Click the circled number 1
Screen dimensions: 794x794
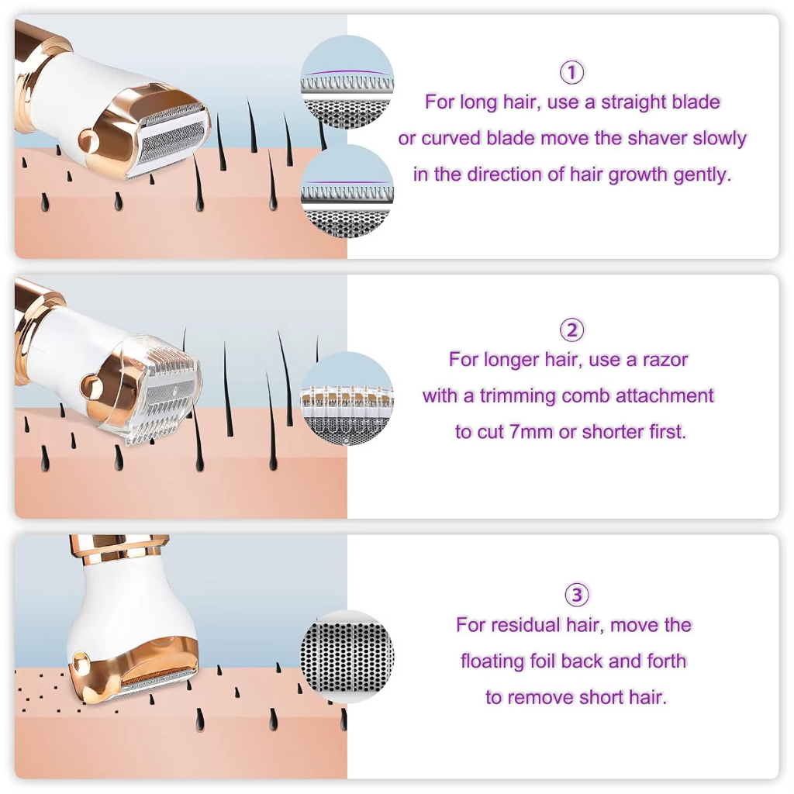tap(571, 72)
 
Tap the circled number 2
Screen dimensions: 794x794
tap(571, 330)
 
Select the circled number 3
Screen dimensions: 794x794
tap(577, 595)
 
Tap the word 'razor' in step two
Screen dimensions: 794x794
tap(665, 360)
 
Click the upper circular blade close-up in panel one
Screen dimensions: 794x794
tap(347, 81)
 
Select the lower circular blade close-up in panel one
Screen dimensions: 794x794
tap(347, 192)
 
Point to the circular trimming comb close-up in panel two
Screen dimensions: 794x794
tap(347, 399)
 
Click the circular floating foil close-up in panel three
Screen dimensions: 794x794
tap(347, 657)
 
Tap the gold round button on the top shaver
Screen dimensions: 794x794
tap(89, 140)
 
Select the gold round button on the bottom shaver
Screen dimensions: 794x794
tap(80, 663)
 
